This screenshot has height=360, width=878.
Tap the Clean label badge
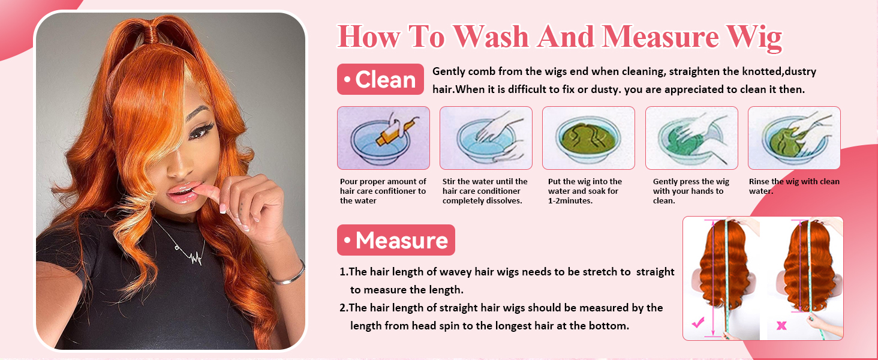(380, 79)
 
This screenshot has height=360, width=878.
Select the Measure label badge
(396, 240)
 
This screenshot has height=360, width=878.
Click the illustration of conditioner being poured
(383, 138)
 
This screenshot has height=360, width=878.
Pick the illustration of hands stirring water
(486, 138)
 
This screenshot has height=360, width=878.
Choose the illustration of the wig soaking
(588, 138)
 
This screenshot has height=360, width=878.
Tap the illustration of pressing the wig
(691, 138)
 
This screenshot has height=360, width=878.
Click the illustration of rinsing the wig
(794, 138)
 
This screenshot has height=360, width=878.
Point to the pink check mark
(698, 323)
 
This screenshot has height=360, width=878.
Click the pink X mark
(781, 325)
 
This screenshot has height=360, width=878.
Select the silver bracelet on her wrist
(288, 275)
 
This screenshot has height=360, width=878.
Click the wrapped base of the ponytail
(150, 35)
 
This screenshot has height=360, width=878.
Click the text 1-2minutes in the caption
(570, 201)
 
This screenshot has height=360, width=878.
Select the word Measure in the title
(660, 37)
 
